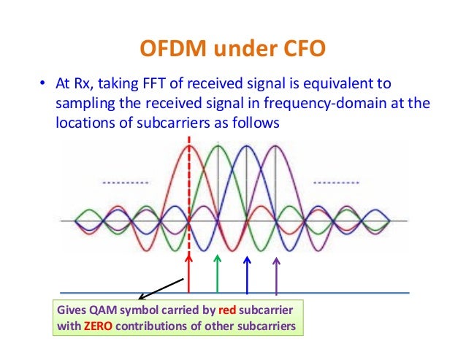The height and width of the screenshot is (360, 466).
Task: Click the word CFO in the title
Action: [293, 50]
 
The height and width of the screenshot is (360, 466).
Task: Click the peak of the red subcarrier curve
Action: [190, 145]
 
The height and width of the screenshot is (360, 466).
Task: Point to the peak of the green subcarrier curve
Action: [218, 145]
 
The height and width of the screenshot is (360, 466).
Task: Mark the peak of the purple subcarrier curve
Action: [275, 145]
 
